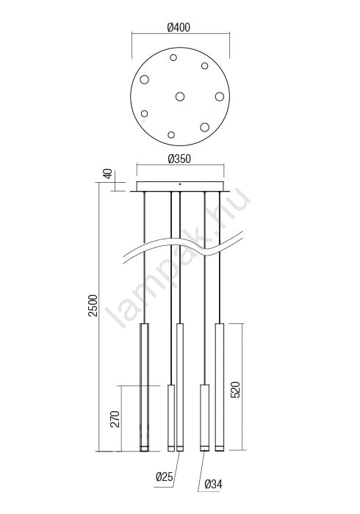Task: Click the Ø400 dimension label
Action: [179, 28]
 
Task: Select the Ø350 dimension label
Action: [179, 159]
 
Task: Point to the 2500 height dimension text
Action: [93, 305]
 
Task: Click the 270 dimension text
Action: [115, 419]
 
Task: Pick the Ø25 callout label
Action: [165, 477]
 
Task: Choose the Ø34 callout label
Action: [214, 484]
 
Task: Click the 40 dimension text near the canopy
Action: [108, 173]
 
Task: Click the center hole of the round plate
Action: [180, 96]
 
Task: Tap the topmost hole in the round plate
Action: [173, 58]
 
